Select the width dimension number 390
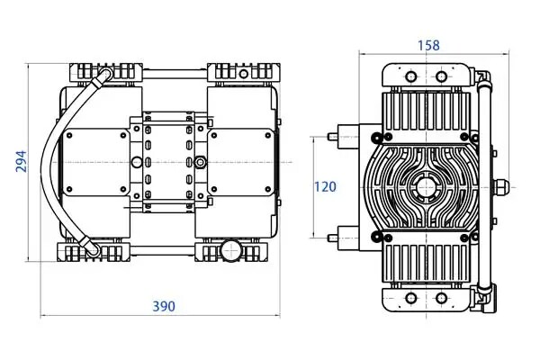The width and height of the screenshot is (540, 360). [x=164, y=306]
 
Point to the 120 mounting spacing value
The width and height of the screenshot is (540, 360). [x=325, y=186]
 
